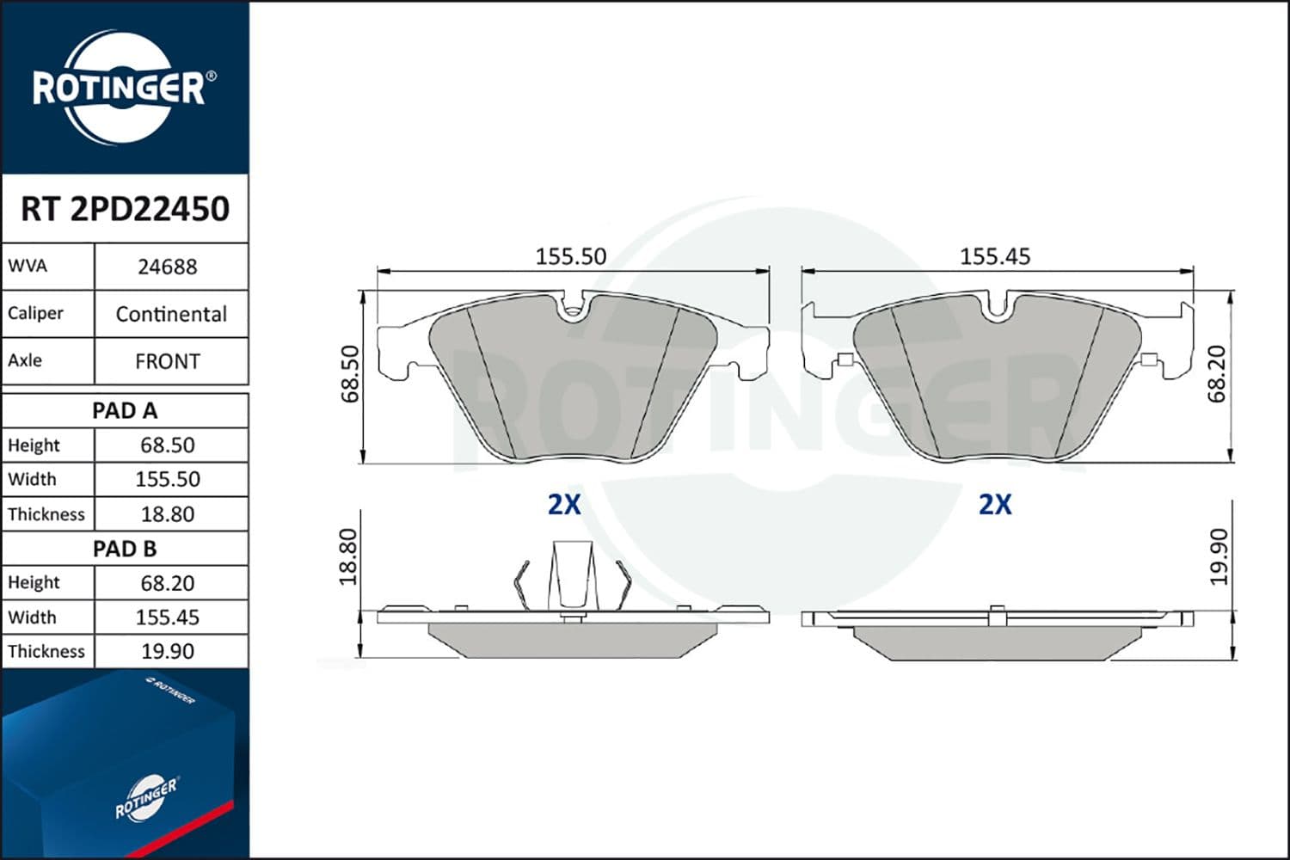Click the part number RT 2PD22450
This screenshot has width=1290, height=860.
[125, 208]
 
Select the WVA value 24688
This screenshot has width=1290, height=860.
[168, 267]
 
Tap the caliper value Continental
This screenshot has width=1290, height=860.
[171, 314]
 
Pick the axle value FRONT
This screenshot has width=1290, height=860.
[168, 361]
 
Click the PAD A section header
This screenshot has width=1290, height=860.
[125, 411]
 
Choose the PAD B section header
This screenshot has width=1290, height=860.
[125, 549]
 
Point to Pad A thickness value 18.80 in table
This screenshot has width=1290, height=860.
[168, 513]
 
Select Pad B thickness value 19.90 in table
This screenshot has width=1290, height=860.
[168, 652]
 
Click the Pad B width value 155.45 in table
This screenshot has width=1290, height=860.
[168, 617]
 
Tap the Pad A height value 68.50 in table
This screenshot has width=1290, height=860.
[168, 445]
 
